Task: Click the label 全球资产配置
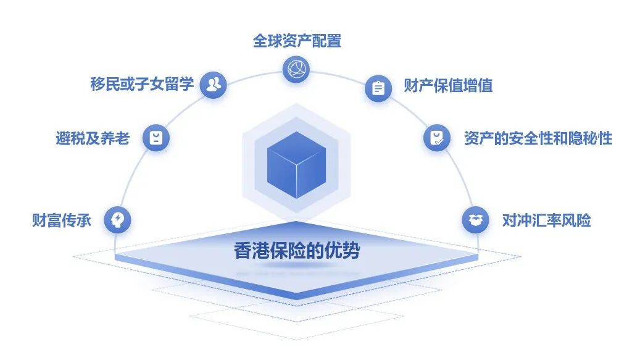[x=297, y=41]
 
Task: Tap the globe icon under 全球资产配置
[x=296, y=69]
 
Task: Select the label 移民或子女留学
[x=142, y=84]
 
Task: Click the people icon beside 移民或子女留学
[x=214, y=85]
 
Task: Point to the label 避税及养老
[x=93, y=138]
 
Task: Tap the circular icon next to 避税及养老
[x=156, y=137]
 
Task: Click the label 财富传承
[x=62, y=220]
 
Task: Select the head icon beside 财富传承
[x=117, y=219]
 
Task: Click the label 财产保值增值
[x=448, y=85]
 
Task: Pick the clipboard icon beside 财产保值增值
[x=378, y=88]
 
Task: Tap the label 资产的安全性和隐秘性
[x=538, y=138]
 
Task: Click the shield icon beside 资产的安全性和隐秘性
[x=437, y=137]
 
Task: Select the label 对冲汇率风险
[x=546, y=220]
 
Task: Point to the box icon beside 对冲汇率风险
[x=475, y=220]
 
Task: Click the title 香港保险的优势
[x=297, y=251]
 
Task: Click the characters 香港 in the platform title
[x=250, y=251]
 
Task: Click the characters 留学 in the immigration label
[x=180, y=84]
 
